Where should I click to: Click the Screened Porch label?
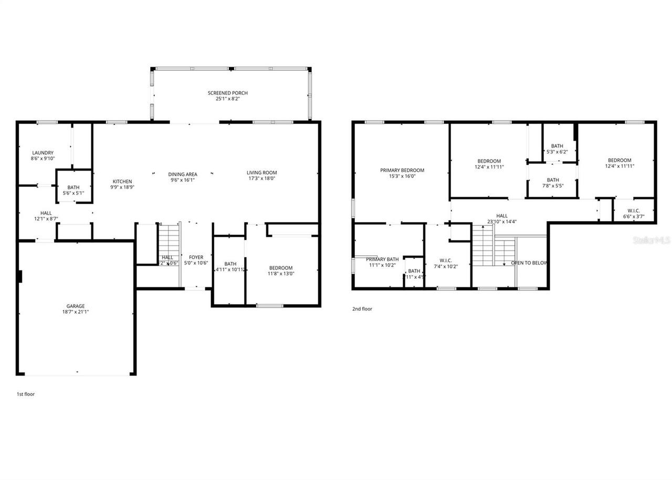(x=227, y=93)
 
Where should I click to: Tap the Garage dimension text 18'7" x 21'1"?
(x=75, y=312)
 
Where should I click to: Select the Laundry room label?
(x=43, y=153)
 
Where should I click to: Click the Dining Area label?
(x=182, y=174)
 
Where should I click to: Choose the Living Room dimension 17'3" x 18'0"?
(x=261, y=179)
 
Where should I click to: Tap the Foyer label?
(x=196, y=257)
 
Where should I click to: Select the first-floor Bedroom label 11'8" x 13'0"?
(x=281, y=268)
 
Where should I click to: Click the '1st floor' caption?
(x=26, y=394)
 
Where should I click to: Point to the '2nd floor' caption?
(x=362, y=309)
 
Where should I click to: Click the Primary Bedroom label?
(x=402, y=170)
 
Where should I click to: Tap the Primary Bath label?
(x=382, y=259)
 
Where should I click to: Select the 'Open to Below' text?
(x=529, y=263)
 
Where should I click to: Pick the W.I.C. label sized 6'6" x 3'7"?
(x=634, y=211)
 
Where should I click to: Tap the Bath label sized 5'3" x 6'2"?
(x=557, y=146)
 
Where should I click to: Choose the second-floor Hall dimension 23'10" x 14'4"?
(x=502, y=222)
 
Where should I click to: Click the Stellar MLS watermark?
(x=652, y=240)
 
